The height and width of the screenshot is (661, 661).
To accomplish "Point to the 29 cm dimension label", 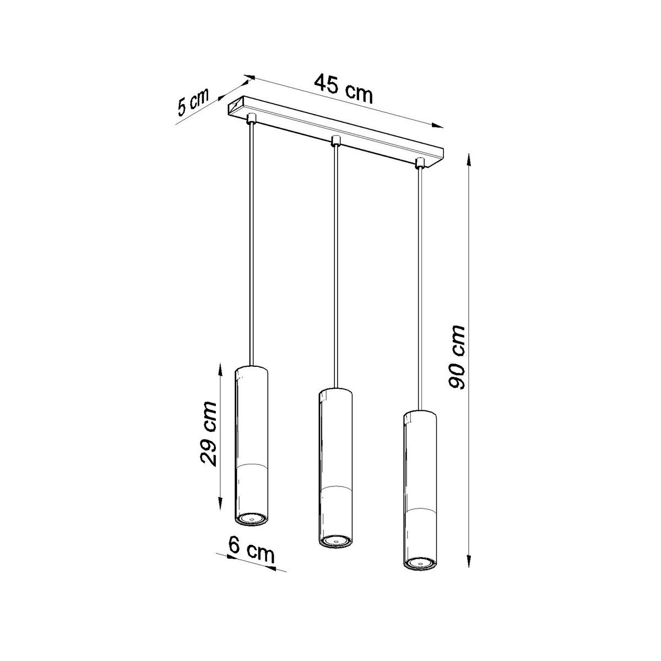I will point(208,434).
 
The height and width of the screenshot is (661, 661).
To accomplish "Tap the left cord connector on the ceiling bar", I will point(251,118).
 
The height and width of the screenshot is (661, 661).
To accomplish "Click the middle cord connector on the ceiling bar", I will point(334,141).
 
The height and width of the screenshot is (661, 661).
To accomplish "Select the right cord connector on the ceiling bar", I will point(420,163).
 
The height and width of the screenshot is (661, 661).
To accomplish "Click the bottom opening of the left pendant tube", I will point(251,518).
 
